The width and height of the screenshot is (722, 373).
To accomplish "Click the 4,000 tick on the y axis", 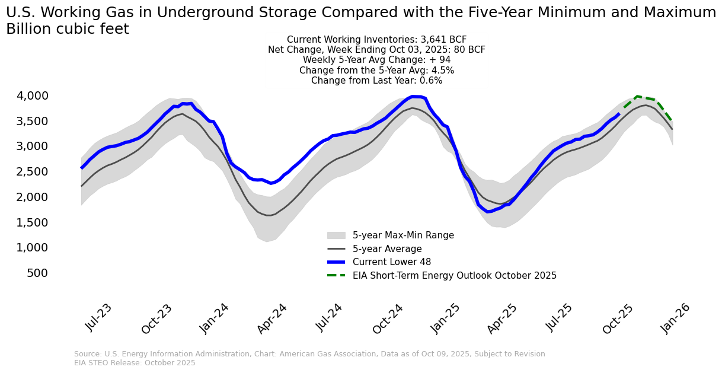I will tap(49, 95).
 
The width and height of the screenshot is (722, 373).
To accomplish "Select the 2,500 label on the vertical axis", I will tap(49, 171).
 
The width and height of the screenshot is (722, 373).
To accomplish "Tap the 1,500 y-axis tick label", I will tap(49, 222).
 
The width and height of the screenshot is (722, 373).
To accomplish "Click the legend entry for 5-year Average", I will tap(387, 249).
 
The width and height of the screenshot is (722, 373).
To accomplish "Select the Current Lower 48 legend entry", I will tap(391, 262).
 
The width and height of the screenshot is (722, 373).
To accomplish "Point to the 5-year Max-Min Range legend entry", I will tap(403, 235).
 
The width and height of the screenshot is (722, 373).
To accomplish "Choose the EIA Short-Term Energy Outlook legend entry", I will tap(454, 276).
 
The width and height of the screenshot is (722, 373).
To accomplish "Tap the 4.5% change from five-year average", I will tap(442, 71).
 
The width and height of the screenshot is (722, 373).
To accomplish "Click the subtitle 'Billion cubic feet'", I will tap(68, 29).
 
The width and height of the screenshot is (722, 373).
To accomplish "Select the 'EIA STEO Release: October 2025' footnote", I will tap(135, 363).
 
